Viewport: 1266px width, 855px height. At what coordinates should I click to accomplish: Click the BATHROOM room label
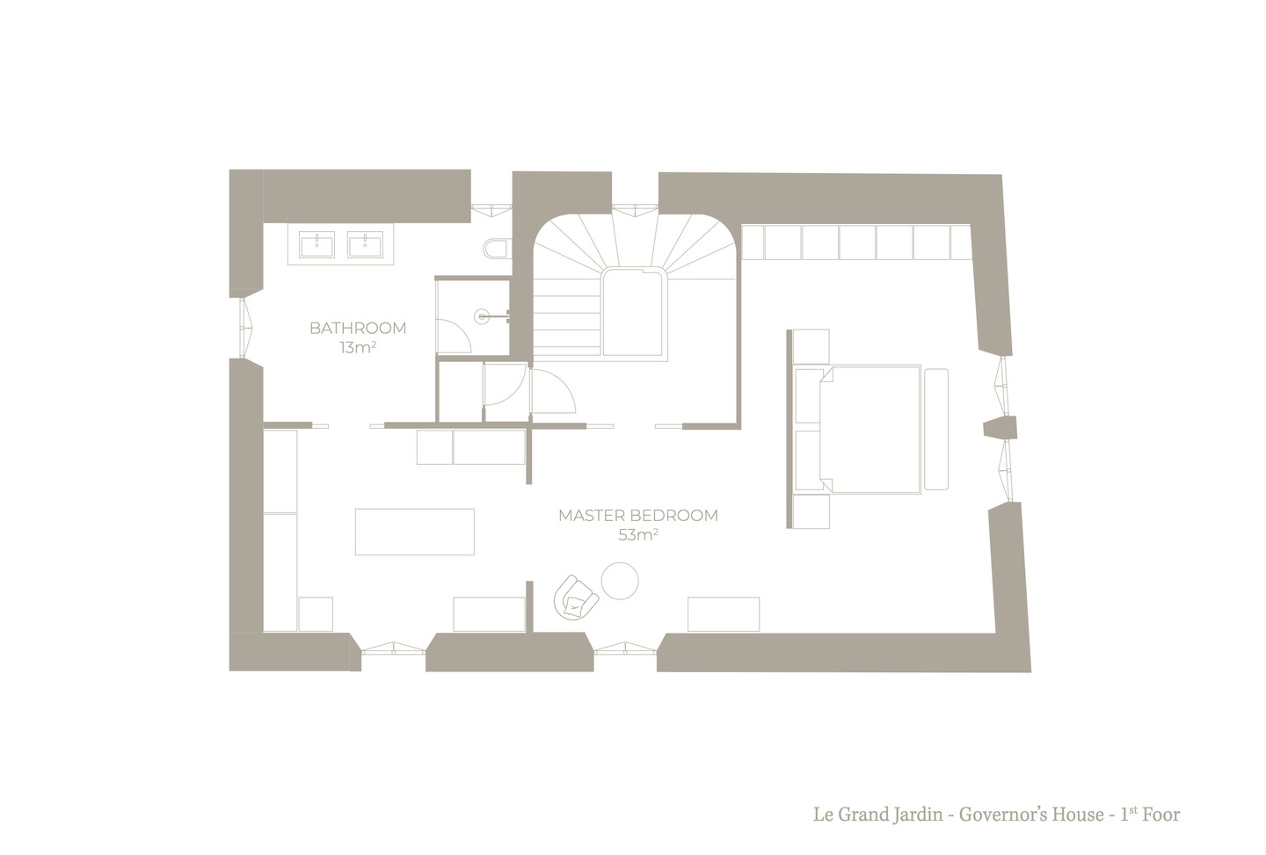(x=358, y=328)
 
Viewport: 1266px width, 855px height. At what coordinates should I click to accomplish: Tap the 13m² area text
(x=358, y=347)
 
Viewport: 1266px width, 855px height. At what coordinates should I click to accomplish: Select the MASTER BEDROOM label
(x=638, y=516)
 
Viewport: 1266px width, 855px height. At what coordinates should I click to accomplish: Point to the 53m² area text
(x=638, y=535)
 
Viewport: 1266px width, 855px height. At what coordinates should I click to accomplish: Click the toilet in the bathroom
(x=498, y=249)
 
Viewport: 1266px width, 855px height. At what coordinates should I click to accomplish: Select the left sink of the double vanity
(x=317, y=246)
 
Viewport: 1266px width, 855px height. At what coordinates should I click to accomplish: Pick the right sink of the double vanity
(x=365, y=246)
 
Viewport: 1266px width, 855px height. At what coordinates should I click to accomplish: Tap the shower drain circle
(x=482, y=316)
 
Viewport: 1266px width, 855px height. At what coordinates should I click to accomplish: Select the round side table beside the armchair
(x=620, y=581)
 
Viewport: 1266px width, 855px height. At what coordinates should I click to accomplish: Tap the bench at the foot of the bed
(x=936, y=429)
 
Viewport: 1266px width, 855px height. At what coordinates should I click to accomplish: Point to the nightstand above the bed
(x=811, y=347)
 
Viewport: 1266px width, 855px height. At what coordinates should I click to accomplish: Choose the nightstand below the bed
(x=811, y=511)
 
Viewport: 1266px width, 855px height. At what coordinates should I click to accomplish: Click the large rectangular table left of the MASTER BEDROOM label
(x=414, y=532)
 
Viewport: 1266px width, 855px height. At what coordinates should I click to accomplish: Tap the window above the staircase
(x=636, y=209)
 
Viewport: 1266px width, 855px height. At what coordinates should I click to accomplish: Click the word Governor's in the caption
(x=1031, y=815)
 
